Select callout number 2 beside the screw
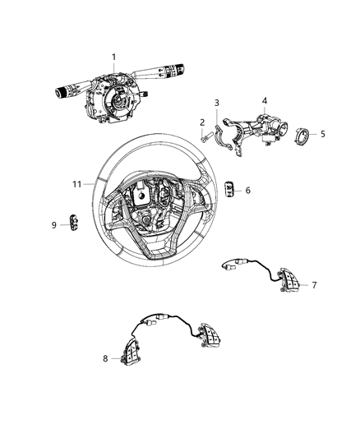[201, 122]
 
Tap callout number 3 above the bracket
[216, 103]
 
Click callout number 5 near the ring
[322, 134]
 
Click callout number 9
[54, 224]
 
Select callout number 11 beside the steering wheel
[76, 184]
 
